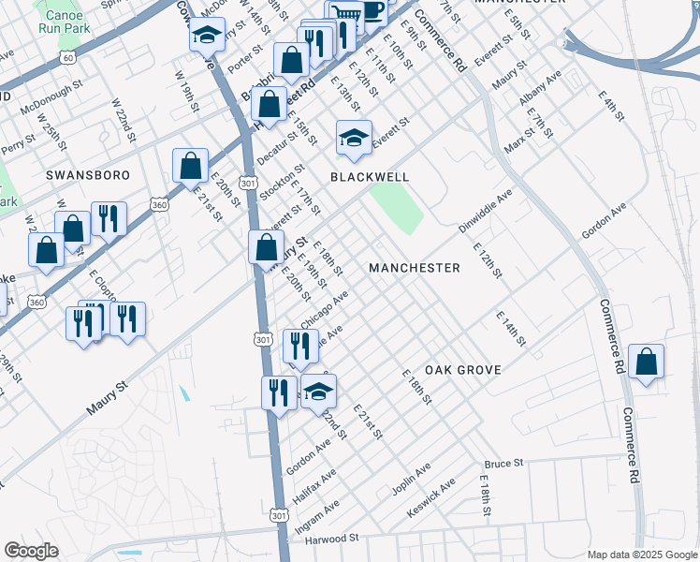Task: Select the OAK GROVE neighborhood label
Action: [x=463, y=370]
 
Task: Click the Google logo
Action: [x=32, y=551]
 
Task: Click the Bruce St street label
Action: [x=503, y=464]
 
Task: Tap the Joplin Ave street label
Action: [x=412, y=477]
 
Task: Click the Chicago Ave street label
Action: [x=325, y=308]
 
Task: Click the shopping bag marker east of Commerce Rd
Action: [x=646, y=362]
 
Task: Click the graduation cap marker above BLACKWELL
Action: [x=354, y=138]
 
